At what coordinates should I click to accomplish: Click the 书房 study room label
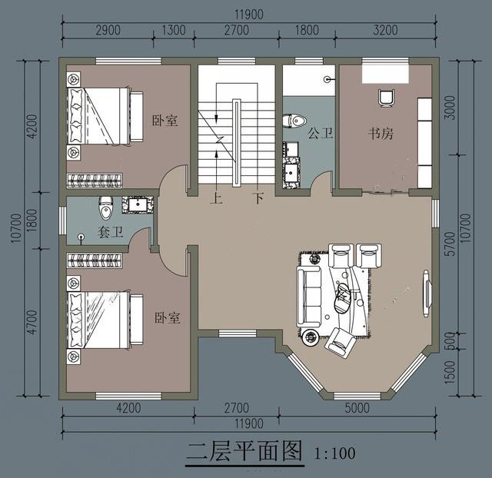[381, 134]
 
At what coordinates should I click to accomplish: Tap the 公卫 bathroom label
[320, 133]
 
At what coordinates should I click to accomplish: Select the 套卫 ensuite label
[110, 232]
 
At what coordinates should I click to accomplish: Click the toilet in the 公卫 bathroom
[294, 121]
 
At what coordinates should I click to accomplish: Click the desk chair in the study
[386, 98]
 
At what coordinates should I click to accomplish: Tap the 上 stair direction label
[216, 198]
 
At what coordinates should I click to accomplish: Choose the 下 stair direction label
[259, 198]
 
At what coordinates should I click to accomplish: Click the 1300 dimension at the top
[174, 31]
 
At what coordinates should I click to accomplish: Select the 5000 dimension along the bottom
[357, 408]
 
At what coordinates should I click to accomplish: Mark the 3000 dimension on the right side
[450, 108]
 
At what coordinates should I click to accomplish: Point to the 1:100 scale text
[335, 453]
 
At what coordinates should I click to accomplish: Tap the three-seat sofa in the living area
[309, 297]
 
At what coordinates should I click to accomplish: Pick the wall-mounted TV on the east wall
[426, 294]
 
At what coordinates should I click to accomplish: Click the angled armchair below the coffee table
[341, 343]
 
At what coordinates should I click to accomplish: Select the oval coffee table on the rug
[343, 298]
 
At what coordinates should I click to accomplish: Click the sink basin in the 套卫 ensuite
[138, 205]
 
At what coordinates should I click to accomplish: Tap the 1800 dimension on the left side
[32, 221]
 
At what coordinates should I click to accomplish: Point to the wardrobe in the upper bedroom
[95, 181]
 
